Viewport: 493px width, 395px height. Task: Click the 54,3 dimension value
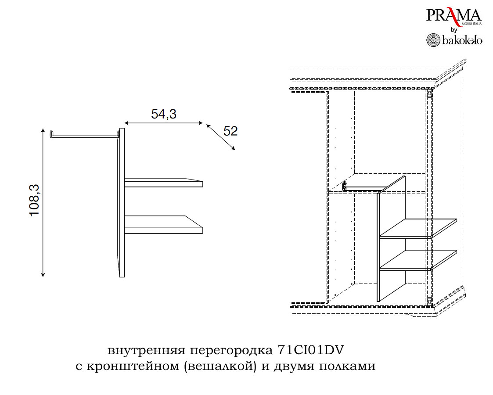click(164, 114)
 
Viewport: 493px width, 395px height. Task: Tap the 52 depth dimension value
click(230, 131)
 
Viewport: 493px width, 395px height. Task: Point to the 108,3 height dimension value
click(35, 200)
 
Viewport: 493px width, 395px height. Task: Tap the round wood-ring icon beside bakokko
click(433, 40)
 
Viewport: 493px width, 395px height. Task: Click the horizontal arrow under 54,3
click(163, 124)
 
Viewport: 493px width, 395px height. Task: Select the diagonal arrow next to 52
click(220, 137)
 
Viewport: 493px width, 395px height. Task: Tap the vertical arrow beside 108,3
click(43, 202)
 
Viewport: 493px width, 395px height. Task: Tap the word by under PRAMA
click(454, 30)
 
